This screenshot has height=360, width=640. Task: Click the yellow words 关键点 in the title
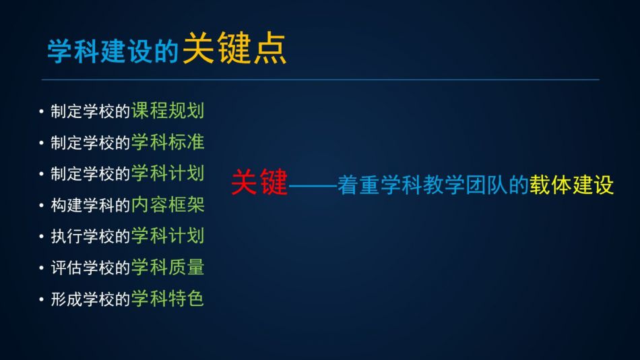(x=234, y=49)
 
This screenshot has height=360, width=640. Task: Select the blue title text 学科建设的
(x=113, y=51)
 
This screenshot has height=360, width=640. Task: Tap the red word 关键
(x=259, y=182)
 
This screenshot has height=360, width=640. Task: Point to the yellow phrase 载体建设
(x=571, y=185)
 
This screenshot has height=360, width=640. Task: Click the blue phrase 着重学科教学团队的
(x=433, y=185)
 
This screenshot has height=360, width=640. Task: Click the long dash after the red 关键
(x=313, y=186)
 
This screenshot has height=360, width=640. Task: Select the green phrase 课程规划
(x=167, y=111)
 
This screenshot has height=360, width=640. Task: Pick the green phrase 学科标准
(x=167, y=142)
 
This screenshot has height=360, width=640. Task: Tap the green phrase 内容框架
(x=167, y=205)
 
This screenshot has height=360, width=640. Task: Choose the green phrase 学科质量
(x=167, y=267)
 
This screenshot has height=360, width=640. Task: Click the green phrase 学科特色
(x=167, y=299)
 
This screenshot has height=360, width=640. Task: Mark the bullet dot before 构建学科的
(x=41, y=205)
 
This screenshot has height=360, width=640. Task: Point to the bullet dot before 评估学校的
(x=41, y=268)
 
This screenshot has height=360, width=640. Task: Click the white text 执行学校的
(x=90, y=237)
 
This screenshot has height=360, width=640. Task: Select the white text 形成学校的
(x=90, y=299)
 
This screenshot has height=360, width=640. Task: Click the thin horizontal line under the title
(x=321, y=80)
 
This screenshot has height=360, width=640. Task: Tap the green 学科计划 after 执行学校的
(x=167, y=236)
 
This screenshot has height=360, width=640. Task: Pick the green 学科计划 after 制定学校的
(x=167, y=173)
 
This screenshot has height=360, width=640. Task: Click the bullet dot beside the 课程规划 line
(x=41, y=111)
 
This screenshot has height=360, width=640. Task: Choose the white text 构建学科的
(x=90, y=205)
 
